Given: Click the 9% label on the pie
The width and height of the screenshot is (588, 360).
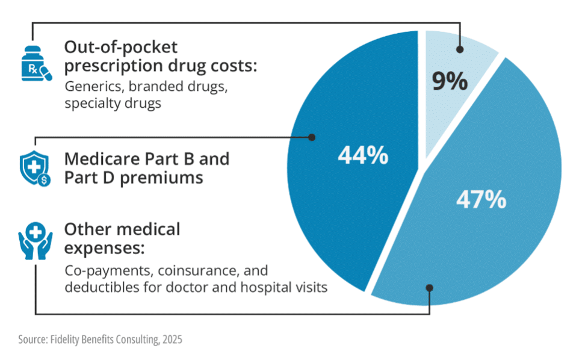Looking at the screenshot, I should (x=450, y=81).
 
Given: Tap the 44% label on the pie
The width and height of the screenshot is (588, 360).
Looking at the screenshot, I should (x=362, y=156).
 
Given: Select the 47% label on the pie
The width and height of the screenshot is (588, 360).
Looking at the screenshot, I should (x=480, y=200).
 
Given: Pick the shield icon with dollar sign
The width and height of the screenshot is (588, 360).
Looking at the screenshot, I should (x=35, y=168).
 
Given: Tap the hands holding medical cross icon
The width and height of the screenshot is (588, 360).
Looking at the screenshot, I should (x=35, y=241).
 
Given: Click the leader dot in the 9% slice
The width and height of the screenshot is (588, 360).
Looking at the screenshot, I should (x=460, y=49).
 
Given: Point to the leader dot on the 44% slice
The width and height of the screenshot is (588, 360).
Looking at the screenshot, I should (x=312, y=137).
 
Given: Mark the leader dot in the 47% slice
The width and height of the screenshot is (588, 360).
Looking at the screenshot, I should (x=429, y=288).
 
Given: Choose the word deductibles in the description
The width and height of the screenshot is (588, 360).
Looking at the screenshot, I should (x=101, y=288).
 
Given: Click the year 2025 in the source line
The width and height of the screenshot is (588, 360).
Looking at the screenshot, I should (x=169, y=340).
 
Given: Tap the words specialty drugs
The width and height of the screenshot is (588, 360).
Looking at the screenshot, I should (x=113, y=103).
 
